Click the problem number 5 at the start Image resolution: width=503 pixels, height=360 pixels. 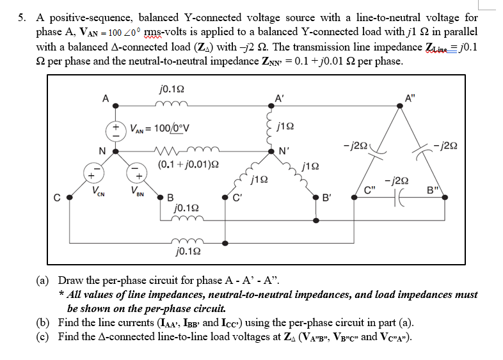[21, 18]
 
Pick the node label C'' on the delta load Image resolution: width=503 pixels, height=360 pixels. [369, 189]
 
